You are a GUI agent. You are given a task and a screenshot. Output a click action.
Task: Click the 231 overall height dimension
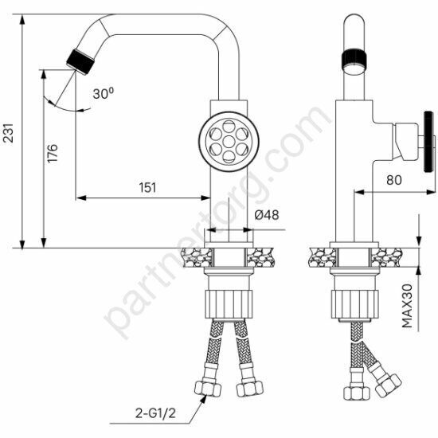pyautogui.click(x=9, y=133)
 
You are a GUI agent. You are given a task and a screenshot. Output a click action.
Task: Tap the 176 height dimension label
pyautogui.click(x=53, y=153)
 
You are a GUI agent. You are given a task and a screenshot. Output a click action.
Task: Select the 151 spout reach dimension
pyautogui.click(x=148, y=187)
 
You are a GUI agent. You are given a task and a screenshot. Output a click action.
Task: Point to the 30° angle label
pyautogui.click(x=104, y=93)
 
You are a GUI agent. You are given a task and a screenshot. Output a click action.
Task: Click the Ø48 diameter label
pyautogui.click(x=267, y=215)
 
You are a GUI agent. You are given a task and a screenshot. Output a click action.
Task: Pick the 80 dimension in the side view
pyautogui.click(x=394, y=180)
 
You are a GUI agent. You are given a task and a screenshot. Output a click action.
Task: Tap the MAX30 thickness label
pyautogui.click(x=407, y=306)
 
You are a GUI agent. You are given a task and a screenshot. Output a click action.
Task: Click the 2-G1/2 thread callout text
pyautogui.click(x=155, y=413)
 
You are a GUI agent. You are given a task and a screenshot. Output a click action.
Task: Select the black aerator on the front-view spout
pyautogui.click(x=80, y=62)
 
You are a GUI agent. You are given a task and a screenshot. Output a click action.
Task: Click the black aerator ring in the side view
pyautogui.click(x=354, y=58)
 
